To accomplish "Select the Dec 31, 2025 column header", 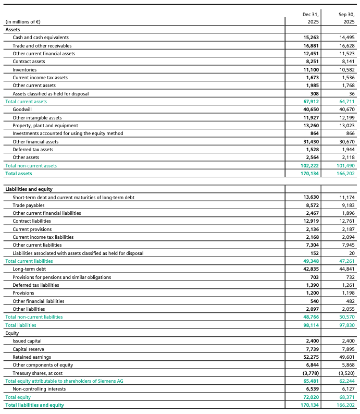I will point(311,18).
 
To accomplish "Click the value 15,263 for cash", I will point(311,38).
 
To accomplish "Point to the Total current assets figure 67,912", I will point(311,102).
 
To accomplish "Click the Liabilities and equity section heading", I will point(29,189).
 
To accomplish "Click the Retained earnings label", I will point(32,357).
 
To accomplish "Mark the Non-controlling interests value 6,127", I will point(346,389).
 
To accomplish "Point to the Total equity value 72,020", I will point(311,397).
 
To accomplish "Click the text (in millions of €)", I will point(23,22).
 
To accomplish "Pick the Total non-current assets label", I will point(31,166).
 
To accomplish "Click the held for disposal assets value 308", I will point(314,93).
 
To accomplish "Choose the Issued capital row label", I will point(27,341).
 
